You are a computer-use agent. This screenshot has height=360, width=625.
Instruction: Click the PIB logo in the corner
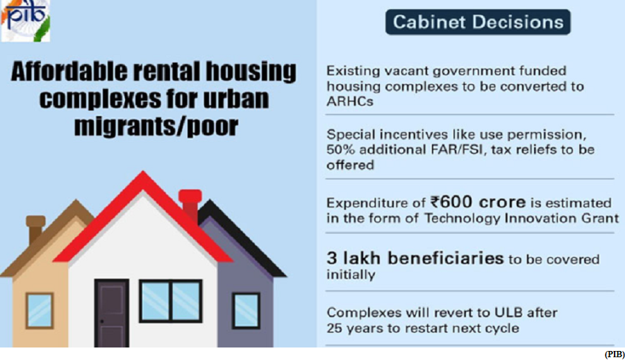click(25, 20)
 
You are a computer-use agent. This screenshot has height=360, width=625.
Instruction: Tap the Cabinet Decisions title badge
click(478, 22)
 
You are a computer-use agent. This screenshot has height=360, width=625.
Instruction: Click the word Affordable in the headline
click(69, 72)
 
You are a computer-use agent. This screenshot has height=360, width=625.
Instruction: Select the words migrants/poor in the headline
click(156, 126)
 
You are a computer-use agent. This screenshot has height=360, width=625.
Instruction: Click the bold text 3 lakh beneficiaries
click(415, 259)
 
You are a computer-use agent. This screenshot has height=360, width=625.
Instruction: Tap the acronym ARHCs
click(350, 101)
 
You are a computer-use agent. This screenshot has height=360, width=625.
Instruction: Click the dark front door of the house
click(112, 313)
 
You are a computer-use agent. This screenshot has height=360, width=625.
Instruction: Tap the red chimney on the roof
click(190, 204)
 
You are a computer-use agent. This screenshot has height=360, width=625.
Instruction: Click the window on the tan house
click(40, 311)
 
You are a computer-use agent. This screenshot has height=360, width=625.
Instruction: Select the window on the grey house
click(246, 311)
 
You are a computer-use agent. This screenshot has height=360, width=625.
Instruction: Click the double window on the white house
click(171, 301)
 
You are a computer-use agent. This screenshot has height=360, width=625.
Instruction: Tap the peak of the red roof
click(143, 172)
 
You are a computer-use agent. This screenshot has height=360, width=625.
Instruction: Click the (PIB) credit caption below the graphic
click(615, 354)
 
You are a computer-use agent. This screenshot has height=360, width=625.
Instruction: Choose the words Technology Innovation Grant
click(521, 218)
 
